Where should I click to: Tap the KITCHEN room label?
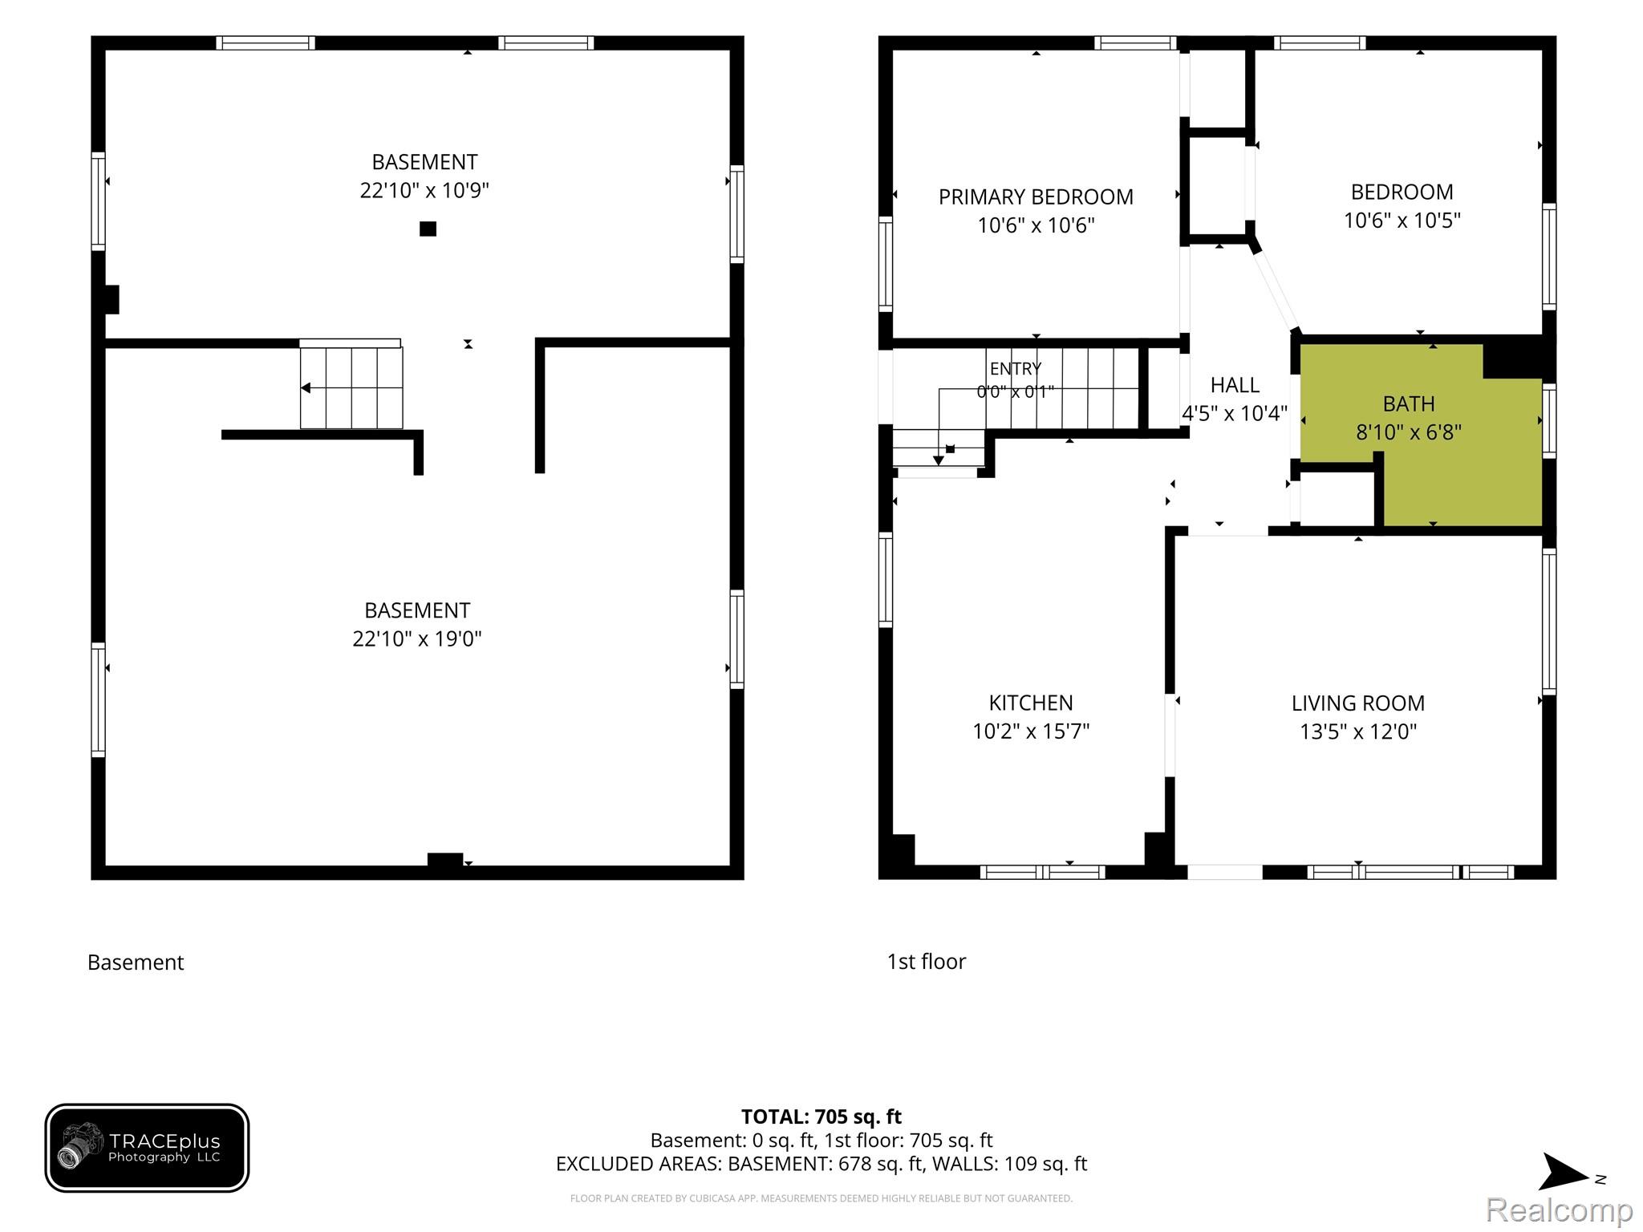[1031, 703]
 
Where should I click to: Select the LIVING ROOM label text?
[1358, 703]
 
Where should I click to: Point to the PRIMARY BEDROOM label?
[1036, 197]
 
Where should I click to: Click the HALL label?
[1235, 385]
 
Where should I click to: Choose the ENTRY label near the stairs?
[1016, 369]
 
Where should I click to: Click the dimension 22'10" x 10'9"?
[424, 190]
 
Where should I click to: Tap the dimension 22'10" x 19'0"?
[417, 638]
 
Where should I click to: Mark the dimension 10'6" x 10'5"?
[1402, 221]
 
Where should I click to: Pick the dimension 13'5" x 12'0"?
[1358, 731]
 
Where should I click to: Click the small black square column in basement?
[428, 229]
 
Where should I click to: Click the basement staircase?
[351, 384]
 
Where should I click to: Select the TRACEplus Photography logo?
[147, 1148]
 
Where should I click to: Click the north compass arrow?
[1564, 1172]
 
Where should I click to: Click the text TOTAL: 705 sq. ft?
[821, 1116]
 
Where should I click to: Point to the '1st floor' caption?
[927, 962]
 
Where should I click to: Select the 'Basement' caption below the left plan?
[136, 962]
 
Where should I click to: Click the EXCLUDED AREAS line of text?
[821, 1164]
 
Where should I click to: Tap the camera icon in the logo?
[80, 1145]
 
